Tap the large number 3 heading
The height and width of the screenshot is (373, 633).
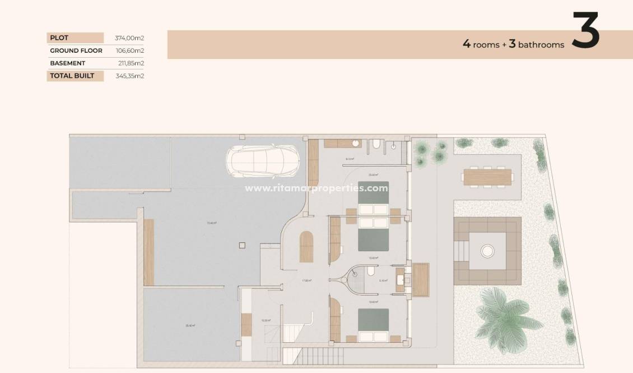click(x=585, y=31)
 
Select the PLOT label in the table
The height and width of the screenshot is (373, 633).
click(x=59, y=38)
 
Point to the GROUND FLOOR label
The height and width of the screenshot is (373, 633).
click(x=76, y=50)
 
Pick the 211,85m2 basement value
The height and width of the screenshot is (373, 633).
click(x=130, y=63)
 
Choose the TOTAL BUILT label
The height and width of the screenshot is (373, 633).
click(x=72, y=76)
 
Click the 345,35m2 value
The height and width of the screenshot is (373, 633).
click(x=130, y=76)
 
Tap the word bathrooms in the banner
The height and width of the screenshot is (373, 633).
click(x=541, y=45)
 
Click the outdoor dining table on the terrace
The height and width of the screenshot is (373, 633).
click(x=487, y=177)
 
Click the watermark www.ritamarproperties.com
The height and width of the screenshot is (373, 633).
click(x=316, y=188)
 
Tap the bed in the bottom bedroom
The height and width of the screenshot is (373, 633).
click(x=373, y=324)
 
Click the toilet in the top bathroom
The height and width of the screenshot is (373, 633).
click(x=376, y=146)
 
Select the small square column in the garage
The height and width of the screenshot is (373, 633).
click(x=241, y=245)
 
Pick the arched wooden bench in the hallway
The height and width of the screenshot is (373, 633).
click(x=306, y=247)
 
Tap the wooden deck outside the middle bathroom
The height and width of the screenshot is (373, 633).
click(x=421, y=279)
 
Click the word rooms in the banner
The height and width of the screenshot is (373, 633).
click(x=486, y=45)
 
